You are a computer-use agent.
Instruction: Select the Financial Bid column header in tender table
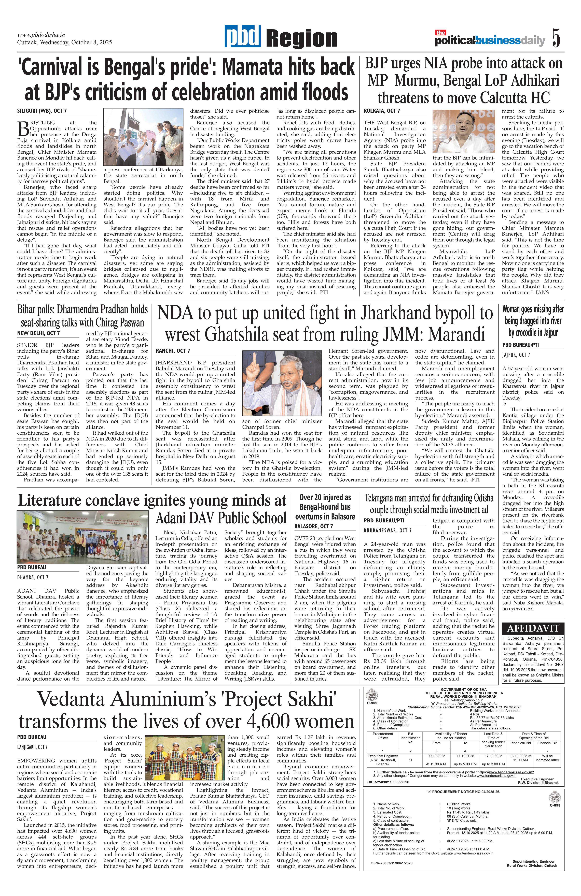click(x=547, y=743)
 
